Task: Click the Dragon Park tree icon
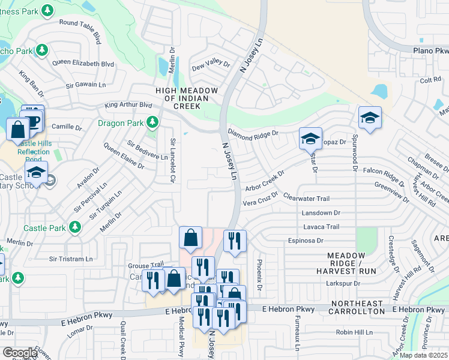pyautogui.click(x=153, y=123)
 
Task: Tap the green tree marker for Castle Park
pyautogui.click(x=75, y=227)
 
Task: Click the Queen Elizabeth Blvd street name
pyautogui.click(x=83, y=63)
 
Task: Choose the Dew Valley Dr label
pyautogui.click(x=211, y=62)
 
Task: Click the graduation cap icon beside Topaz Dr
pyautogui.click(x=310, y=139)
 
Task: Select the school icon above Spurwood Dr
pyautogui.click(x=370, y=118)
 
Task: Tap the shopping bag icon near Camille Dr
pyautogui.click(x=17, y=129)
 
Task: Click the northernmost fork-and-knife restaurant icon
pyautogui.click(x=235, y=241)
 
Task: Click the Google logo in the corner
pyautogui.click(x=20, y=353)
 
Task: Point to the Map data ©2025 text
pyautogui.click(x=424, y=355)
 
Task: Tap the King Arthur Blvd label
pyautogui.click(x=128, y=104)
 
